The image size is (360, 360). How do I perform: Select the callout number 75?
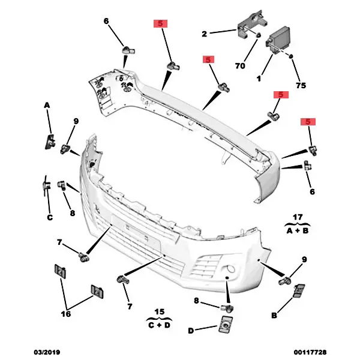tap(301, 85)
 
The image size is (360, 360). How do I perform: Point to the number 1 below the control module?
tap(259, 79)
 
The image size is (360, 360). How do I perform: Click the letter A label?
tap(46, 106)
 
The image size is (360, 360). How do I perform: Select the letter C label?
tap(50, 217)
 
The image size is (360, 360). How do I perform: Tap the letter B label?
tap(274, 315)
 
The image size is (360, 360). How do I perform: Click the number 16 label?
tap(65, 313)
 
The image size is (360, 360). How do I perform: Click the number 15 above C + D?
tap(158, 311)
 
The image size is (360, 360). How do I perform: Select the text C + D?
tap(158, 325)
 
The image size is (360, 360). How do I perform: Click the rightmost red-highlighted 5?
tap(309, 122)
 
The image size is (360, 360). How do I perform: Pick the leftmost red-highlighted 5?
tap(161, 24)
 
